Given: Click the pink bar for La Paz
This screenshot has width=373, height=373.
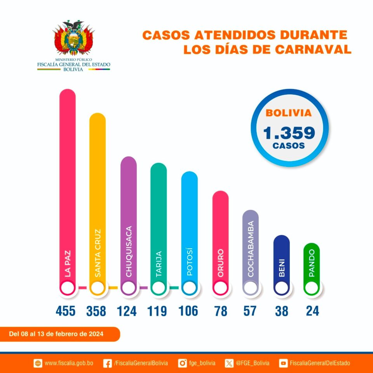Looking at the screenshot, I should pos(67,175).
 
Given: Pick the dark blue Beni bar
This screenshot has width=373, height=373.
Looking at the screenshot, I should pos(282,260).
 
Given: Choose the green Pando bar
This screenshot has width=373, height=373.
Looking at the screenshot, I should pos(312,264).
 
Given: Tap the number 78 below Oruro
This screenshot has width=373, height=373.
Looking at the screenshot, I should pos(220,311).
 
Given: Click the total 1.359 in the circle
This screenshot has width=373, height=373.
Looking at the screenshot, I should pos(289,133).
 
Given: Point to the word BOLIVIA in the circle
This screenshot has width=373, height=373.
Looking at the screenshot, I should pos(289,113).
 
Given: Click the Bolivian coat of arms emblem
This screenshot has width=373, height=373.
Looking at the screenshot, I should pos(73,38).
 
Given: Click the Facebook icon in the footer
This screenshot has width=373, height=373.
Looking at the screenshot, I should pos(108,363).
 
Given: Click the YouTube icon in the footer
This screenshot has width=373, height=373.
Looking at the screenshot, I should pos(284,363).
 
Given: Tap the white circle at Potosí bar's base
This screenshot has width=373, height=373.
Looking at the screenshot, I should pos(189,288).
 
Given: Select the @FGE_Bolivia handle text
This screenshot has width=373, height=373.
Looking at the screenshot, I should pos(252,363).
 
